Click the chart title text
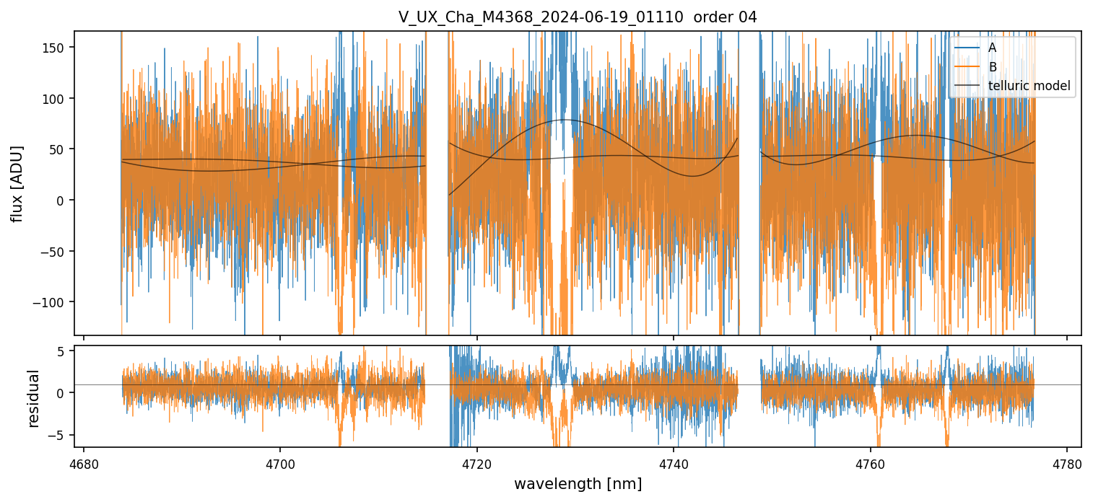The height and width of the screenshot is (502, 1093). (578, 17)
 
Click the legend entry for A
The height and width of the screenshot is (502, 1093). (993, 48)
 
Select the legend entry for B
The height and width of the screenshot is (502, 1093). (993, 67)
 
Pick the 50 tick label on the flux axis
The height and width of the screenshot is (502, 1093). (61, 149)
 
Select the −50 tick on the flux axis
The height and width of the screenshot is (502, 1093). (57, 252)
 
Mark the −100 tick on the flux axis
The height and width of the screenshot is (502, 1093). (54, 302)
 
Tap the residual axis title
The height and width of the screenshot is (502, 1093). (34, 398)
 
